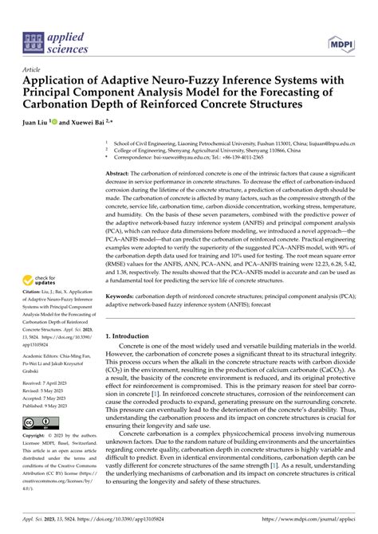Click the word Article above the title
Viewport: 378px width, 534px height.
pyautogui.click(x=34, y=69)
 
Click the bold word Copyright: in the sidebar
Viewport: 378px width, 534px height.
pyautogui.click(x=39, y=437)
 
